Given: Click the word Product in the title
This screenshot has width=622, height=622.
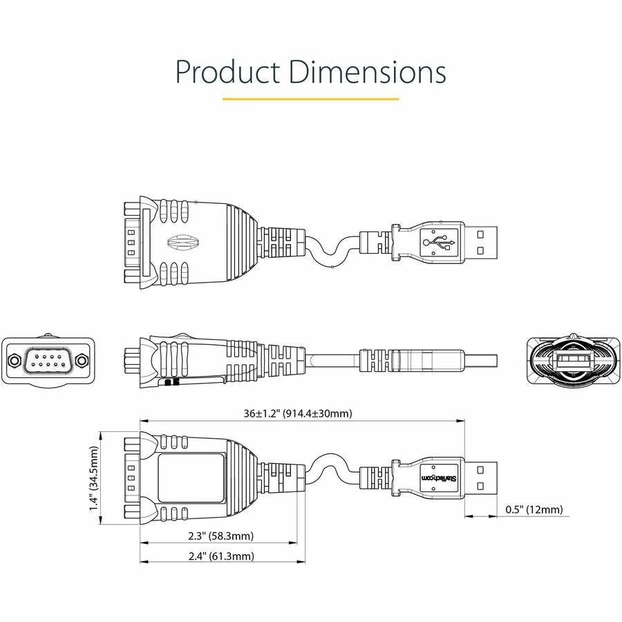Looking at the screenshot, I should coord(226,72).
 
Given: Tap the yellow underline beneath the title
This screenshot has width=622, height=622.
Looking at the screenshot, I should coord(310,99).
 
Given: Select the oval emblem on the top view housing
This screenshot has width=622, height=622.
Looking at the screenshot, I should coord(182,243).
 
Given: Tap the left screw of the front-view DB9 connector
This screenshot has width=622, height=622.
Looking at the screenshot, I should coord(13,361).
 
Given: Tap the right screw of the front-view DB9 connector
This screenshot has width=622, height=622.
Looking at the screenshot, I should coord(82,361).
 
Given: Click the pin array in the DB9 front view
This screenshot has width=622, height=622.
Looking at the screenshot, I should coord(48,360).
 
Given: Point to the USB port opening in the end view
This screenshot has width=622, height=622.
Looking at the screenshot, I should coord(570,360).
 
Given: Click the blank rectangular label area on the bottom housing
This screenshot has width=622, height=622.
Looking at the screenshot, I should coord(191,478).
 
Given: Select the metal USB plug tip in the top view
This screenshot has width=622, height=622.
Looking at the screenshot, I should coord(480,243).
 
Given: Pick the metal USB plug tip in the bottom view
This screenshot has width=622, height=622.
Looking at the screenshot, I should coord(480,478).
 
